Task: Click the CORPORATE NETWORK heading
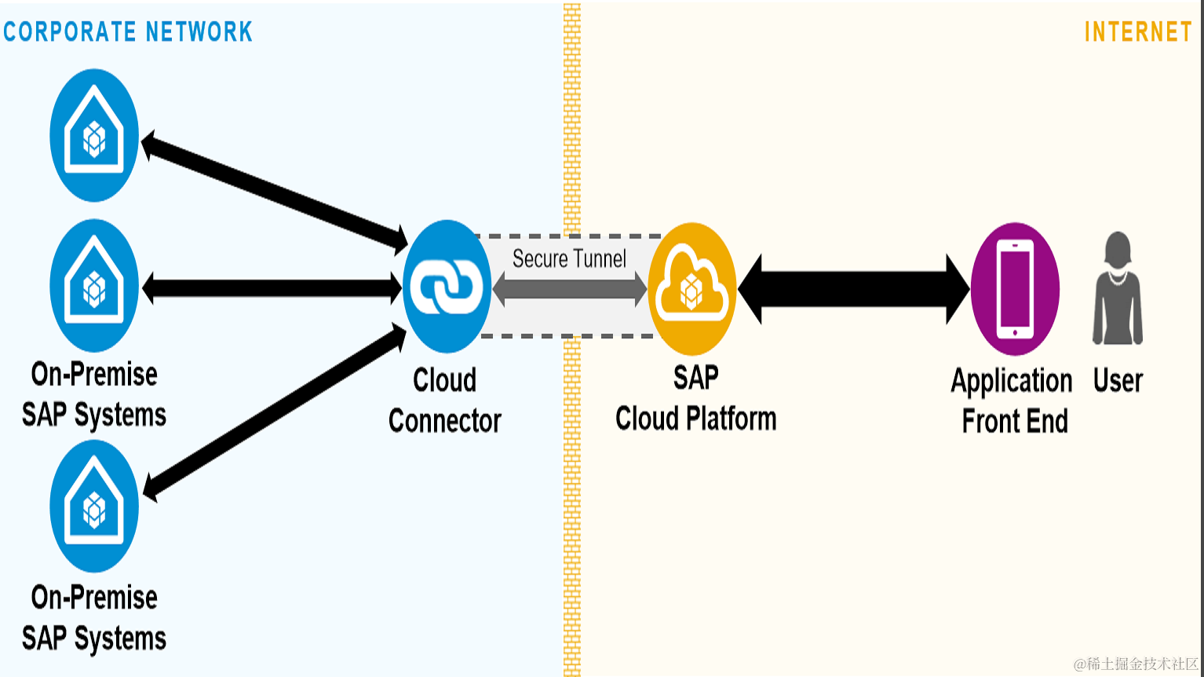[x=127, y=31]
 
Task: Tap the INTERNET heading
[x=1138, y=31]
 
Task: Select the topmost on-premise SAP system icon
[x=94, y=135]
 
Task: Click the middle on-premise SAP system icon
[x=94, y=285]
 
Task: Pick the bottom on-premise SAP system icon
[x=94, y=506]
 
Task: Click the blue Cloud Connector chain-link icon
[x=447, y=286]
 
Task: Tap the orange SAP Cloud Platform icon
[x=691, y=289]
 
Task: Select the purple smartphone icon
[x=1015, y=289]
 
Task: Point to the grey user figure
[x=1118, y=288]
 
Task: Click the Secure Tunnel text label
[x=569, y=258]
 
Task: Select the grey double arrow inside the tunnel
[x=570, y=289]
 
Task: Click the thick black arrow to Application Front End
[x=853, y=289]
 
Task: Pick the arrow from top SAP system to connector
[x=274, y=192]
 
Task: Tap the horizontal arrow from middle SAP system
[x=272, y=288]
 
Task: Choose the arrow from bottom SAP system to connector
[x=275, y=412]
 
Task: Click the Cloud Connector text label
[x=444, y=401]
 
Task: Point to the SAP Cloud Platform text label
[x=696, y=398]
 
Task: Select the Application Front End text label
[x=1012, y=401]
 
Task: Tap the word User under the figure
[x=1118, y=380]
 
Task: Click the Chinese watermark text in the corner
[x=1135, y=664]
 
